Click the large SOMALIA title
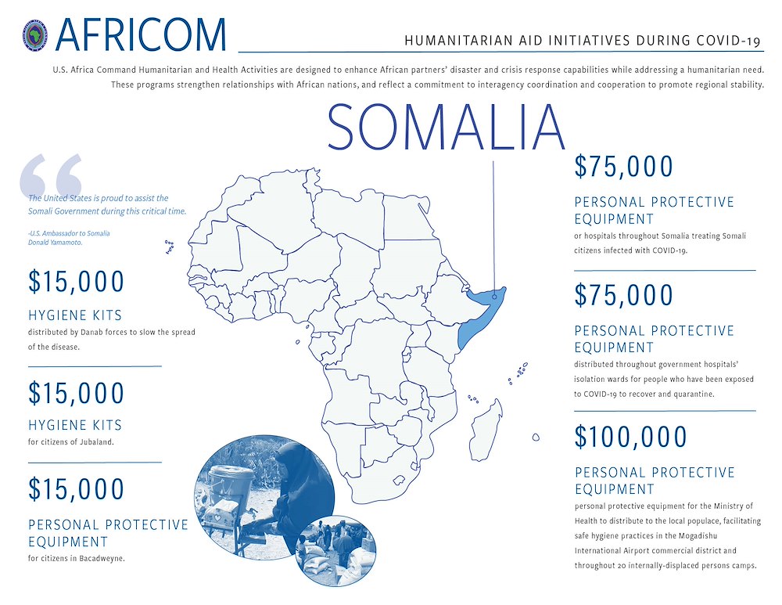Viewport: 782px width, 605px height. pos(447,127)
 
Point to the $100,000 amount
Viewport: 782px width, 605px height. pos(630,437)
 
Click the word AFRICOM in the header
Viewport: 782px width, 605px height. pos(141,34)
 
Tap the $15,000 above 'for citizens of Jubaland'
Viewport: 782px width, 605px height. pos(77,393)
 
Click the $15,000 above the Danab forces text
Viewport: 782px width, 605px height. pos(77,282)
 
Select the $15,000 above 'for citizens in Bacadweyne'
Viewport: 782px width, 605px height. pos(77,489)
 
